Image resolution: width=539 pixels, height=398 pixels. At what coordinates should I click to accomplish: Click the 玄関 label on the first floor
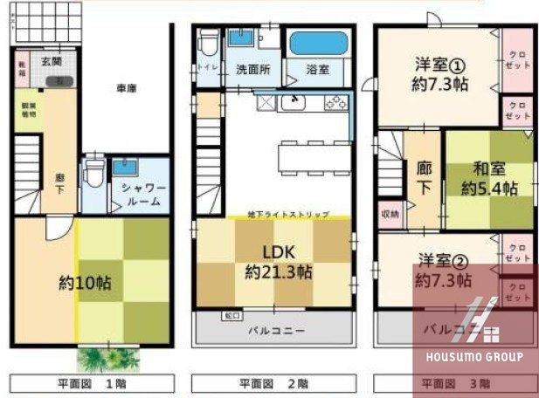pos(51,62)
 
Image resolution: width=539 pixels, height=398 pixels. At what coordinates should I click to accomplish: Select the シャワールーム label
pos(137,195)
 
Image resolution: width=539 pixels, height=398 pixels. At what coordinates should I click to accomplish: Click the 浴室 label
pos(317,69)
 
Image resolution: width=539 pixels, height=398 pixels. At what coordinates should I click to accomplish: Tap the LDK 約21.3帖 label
pos(276,260)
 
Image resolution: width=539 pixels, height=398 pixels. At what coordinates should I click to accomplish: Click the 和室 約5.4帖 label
pos(489,179)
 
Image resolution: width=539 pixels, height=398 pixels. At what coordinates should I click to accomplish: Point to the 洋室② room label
pos(444,270)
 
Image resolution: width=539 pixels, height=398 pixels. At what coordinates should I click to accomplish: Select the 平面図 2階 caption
pos(273,382)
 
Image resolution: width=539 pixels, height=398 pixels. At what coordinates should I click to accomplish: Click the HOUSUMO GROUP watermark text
pos(475,357)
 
